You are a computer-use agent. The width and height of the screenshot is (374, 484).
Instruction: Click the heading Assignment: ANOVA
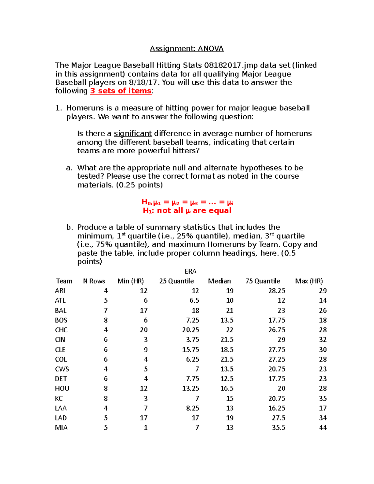[x=187, y=49]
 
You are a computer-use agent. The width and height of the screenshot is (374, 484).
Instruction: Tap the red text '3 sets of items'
[x=121, y=91]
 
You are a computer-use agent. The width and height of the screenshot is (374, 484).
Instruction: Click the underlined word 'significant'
[x=133, y=134]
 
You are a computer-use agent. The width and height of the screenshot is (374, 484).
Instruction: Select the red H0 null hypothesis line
[x=187, y=202]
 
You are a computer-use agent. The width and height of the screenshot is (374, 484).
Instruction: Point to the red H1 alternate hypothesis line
[x=187, y=211]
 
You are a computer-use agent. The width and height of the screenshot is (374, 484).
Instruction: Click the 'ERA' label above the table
[x=190, y=271]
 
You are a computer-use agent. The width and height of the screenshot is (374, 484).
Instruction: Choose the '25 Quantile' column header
[x=176, y=281]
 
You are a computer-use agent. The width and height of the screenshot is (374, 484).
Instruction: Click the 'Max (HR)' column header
[x=309, y=281]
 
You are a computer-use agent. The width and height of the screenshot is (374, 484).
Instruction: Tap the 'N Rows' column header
[x=94, y=281]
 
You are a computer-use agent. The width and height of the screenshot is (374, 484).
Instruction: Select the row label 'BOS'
[x=61, y=320]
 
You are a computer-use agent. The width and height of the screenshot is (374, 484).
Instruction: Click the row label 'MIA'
[x=61, y=428]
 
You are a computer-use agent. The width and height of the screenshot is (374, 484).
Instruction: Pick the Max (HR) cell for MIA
[x=323, y=428]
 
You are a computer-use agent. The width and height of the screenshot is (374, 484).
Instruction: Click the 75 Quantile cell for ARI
[x=277, y=291]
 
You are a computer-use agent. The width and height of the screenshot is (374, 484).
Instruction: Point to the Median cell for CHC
[x=230, y=330]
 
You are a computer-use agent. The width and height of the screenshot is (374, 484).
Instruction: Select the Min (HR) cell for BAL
[x=144, y=310]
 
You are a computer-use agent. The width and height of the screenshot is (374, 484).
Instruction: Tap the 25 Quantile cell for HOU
[x=190, y=388]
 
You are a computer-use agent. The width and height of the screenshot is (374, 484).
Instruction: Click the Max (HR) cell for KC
[x=323, y=398]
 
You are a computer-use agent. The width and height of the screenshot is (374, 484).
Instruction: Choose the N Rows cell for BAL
[x=106, y=310]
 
